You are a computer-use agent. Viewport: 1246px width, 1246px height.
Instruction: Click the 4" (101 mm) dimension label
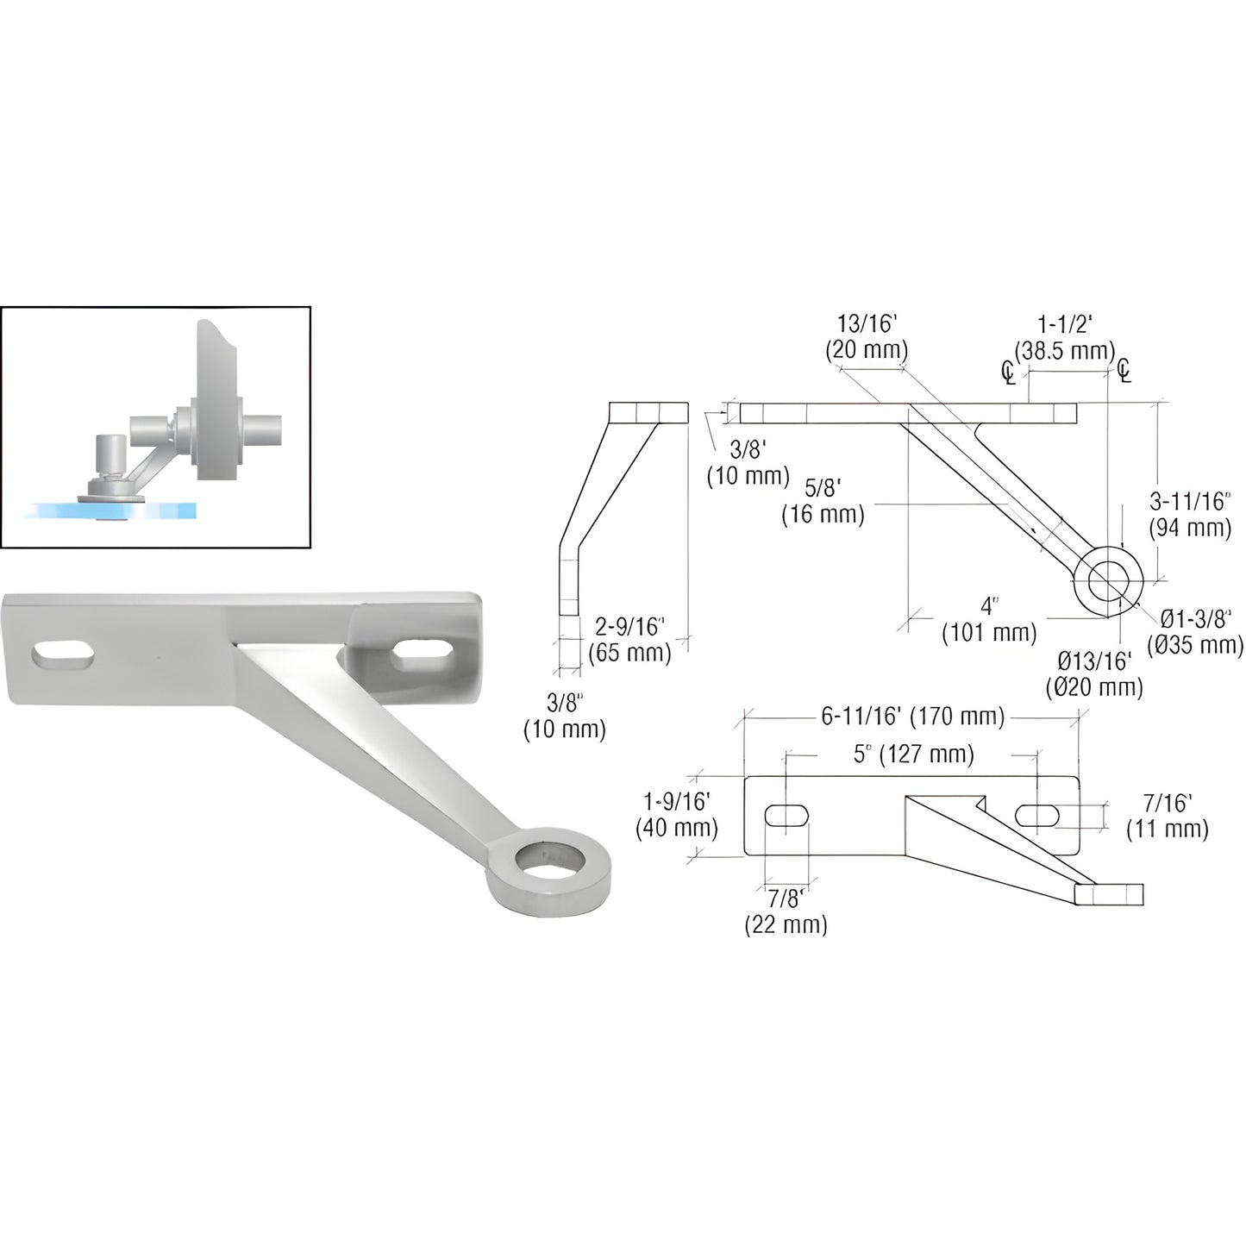point(988,620)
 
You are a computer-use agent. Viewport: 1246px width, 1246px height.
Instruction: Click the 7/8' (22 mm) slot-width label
point(786,912)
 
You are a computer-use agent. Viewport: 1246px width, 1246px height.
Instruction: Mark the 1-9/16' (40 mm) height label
point(677,816)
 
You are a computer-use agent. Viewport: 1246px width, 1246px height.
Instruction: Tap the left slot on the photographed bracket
point(64,655)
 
